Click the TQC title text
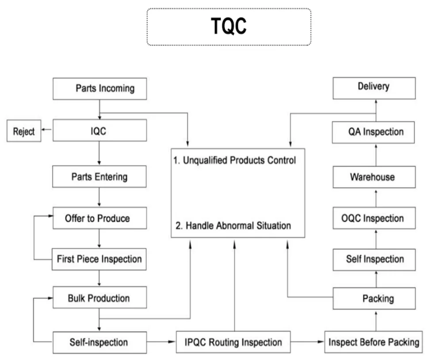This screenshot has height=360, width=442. click(229, 27)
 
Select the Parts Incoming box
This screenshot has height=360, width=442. click(99, 89)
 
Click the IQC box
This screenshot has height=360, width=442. click(99, 131)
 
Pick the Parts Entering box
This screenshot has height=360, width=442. click(99, 177)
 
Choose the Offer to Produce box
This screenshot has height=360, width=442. click(99, 218)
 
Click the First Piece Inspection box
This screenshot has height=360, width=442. click(99, 259)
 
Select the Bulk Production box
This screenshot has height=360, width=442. click(99, 298)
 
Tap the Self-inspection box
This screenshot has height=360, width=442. click(99, 342)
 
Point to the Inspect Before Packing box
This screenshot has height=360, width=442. click(373, 342)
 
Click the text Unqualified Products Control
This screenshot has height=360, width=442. click(234, 160)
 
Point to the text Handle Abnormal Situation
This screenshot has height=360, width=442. click(233, 226)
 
